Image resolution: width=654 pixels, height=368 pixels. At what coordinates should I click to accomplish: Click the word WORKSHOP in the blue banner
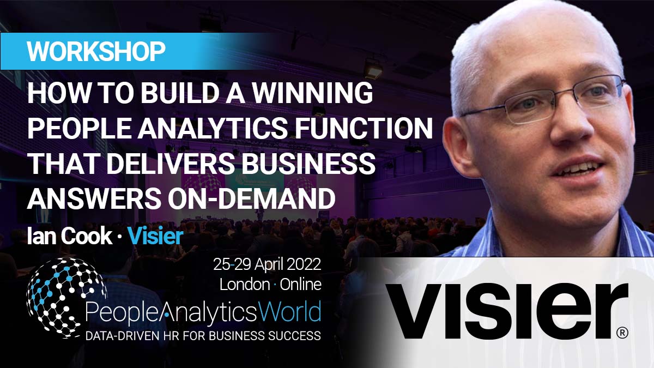coord(96,52)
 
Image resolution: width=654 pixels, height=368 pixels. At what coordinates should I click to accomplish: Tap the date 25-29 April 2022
coord(267,266)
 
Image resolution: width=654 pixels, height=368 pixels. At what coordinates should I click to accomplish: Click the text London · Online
coord(270,284)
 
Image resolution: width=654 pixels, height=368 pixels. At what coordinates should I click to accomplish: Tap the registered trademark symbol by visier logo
coord(622,332)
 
